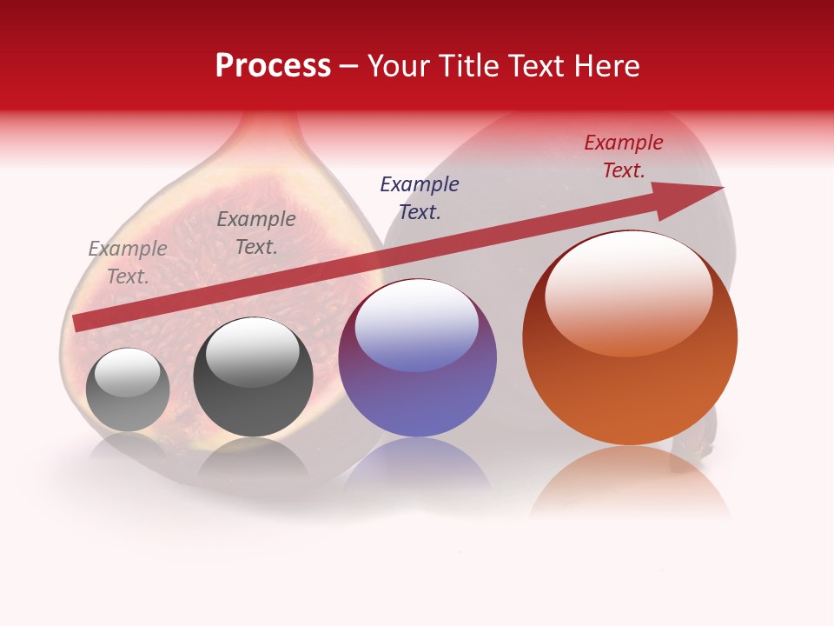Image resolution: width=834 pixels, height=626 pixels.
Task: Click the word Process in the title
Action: click(273, 66)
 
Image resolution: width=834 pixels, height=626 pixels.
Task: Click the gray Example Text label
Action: click(128, 263)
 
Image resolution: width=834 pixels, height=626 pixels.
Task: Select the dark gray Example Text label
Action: click(256, 233)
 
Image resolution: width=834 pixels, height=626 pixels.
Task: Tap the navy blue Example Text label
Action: click(420, 197)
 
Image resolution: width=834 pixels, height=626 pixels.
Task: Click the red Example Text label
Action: click(624, 156)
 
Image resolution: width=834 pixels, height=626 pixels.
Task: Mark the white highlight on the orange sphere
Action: click(628, 291)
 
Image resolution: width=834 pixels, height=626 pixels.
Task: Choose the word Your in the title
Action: click(399, 66)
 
